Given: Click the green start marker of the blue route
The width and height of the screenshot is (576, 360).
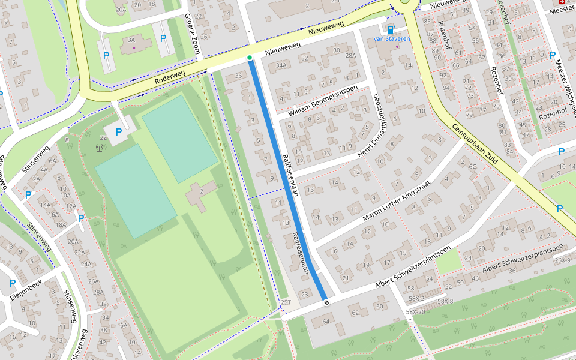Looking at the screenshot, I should click(x=250, y=58).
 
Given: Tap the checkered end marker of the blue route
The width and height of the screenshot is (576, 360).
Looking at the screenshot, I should click(x=326, y=302).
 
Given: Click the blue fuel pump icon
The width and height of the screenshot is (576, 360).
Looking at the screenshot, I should click(x=392, y=29).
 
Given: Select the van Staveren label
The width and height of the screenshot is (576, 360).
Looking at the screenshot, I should click(x=391, y=38).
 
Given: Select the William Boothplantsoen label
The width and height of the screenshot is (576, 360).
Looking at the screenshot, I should click(x=323, y=101).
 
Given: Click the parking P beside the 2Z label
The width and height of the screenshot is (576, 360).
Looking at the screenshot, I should click(x=119, y=131).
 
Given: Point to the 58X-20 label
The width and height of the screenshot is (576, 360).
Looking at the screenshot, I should click(x=415, y=312).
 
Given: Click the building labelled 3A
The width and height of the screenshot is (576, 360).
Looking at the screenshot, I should click(x=131, y=40).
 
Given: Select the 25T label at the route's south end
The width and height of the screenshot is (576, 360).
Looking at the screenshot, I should click(x=286, y=302).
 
